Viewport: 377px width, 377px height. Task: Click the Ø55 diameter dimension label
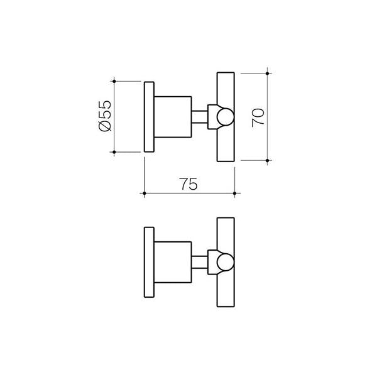tap(106, 116)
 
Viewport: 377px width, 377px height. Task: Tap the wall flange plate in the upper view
tap(149, 116)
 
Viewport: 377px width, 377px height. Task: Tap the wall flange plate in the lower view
tap(149, 263)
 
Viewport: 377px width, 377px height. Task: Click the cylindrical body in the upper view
tap(173, 117)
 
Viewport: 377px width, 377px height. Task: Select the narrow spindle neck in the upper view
tap(200, 117)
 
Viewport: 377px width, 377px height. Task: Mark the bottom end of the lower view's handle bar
tap(226, 300)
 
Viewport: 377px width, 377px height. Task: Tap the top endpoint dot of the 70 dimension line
tap(268, 74)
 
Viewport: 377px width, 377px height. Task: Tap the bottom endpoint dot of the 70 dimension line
tap(268, 161)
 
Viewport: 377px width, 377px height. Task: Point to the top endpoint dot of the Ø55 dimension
tap(114, 80)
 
